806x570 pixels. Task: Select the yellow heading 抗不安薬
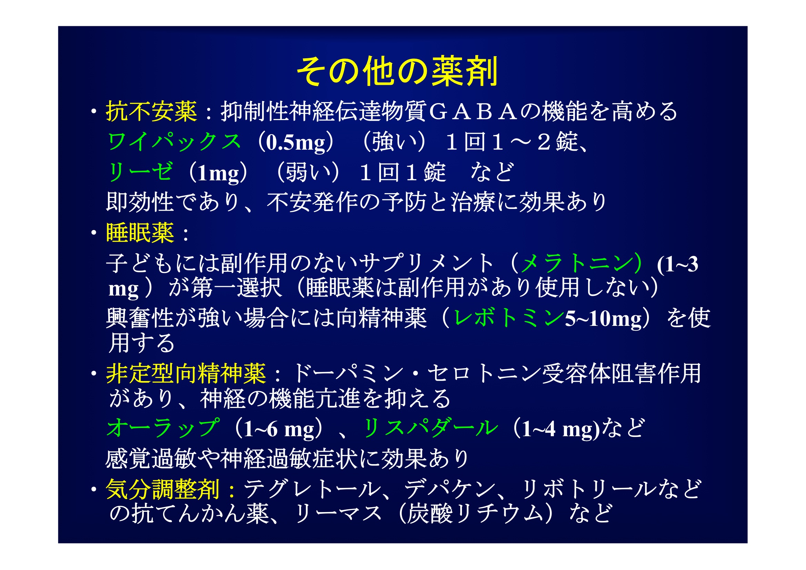[151, 112]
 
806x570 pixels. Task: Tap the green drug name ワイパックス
[174, 142]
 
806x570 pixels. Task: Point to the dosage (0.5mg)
[295, 142]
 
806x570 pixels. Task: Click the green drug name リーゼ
[140, 172]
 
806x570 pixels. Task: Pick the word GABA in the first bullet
[473, 112]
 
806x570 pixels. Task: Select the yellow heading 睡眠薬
[140, 233]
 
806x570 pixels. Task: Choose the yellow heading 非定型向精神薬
[186, 373]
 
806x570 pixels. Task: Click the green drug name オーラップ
[163, 428]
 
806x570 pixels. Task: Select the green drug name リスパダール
[430, 428]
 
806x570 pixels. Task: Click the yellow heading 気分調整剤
[163, 489]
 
